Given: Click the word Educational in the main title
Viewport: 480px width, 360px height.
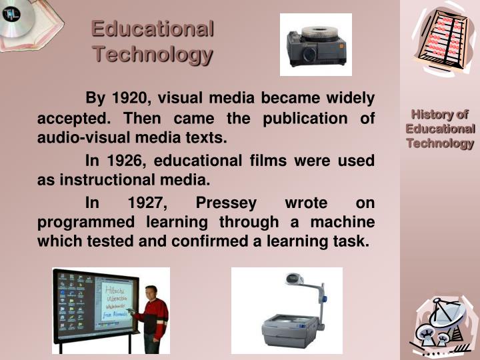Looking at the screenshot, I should (153, 29).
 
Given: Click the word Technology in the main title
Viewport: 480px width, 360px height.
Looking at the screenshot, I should (153, 53).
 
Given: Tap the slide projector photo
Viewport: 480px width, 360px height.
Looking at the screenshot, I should (315, 44).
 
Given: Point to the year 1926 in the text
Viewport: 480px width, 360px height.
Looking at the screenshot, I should (127, 161).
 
